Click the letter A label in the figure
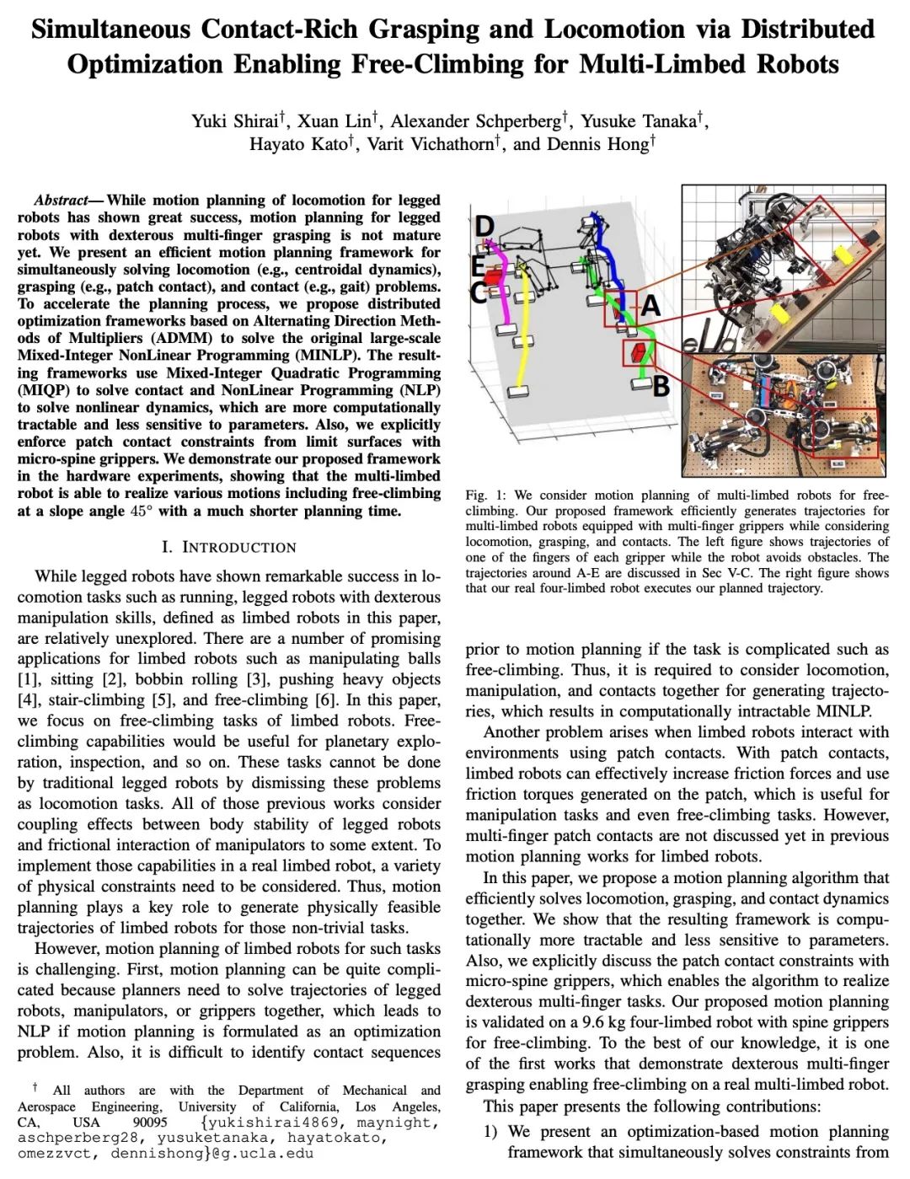650,305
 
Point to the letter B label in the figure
661,386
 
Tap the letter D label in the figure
484,226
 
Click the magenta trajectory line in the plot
503,287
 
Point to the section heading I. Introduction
228,547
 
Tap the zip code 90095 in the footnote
150,1122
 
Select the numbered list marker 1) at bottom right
490,1131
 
